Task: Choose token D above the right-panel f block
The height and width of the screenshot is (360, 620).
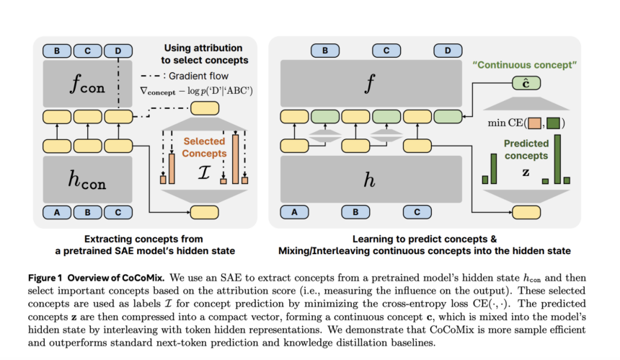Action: (448, 51)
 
